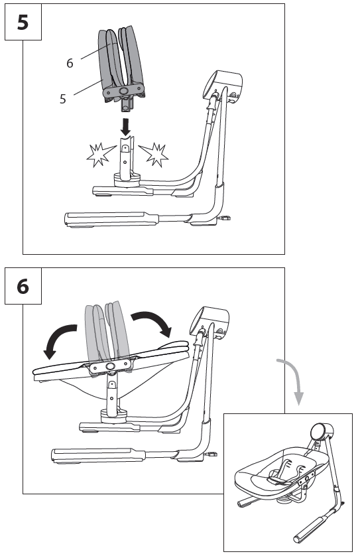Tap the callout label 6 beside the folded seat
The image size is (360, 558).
(70, 63)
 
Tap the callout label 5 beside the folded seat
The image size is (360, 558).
(63, 98)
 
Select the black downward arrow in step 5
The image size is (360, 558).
(125, 123)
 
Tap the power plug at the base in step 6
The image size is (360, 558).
(213, 454)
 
